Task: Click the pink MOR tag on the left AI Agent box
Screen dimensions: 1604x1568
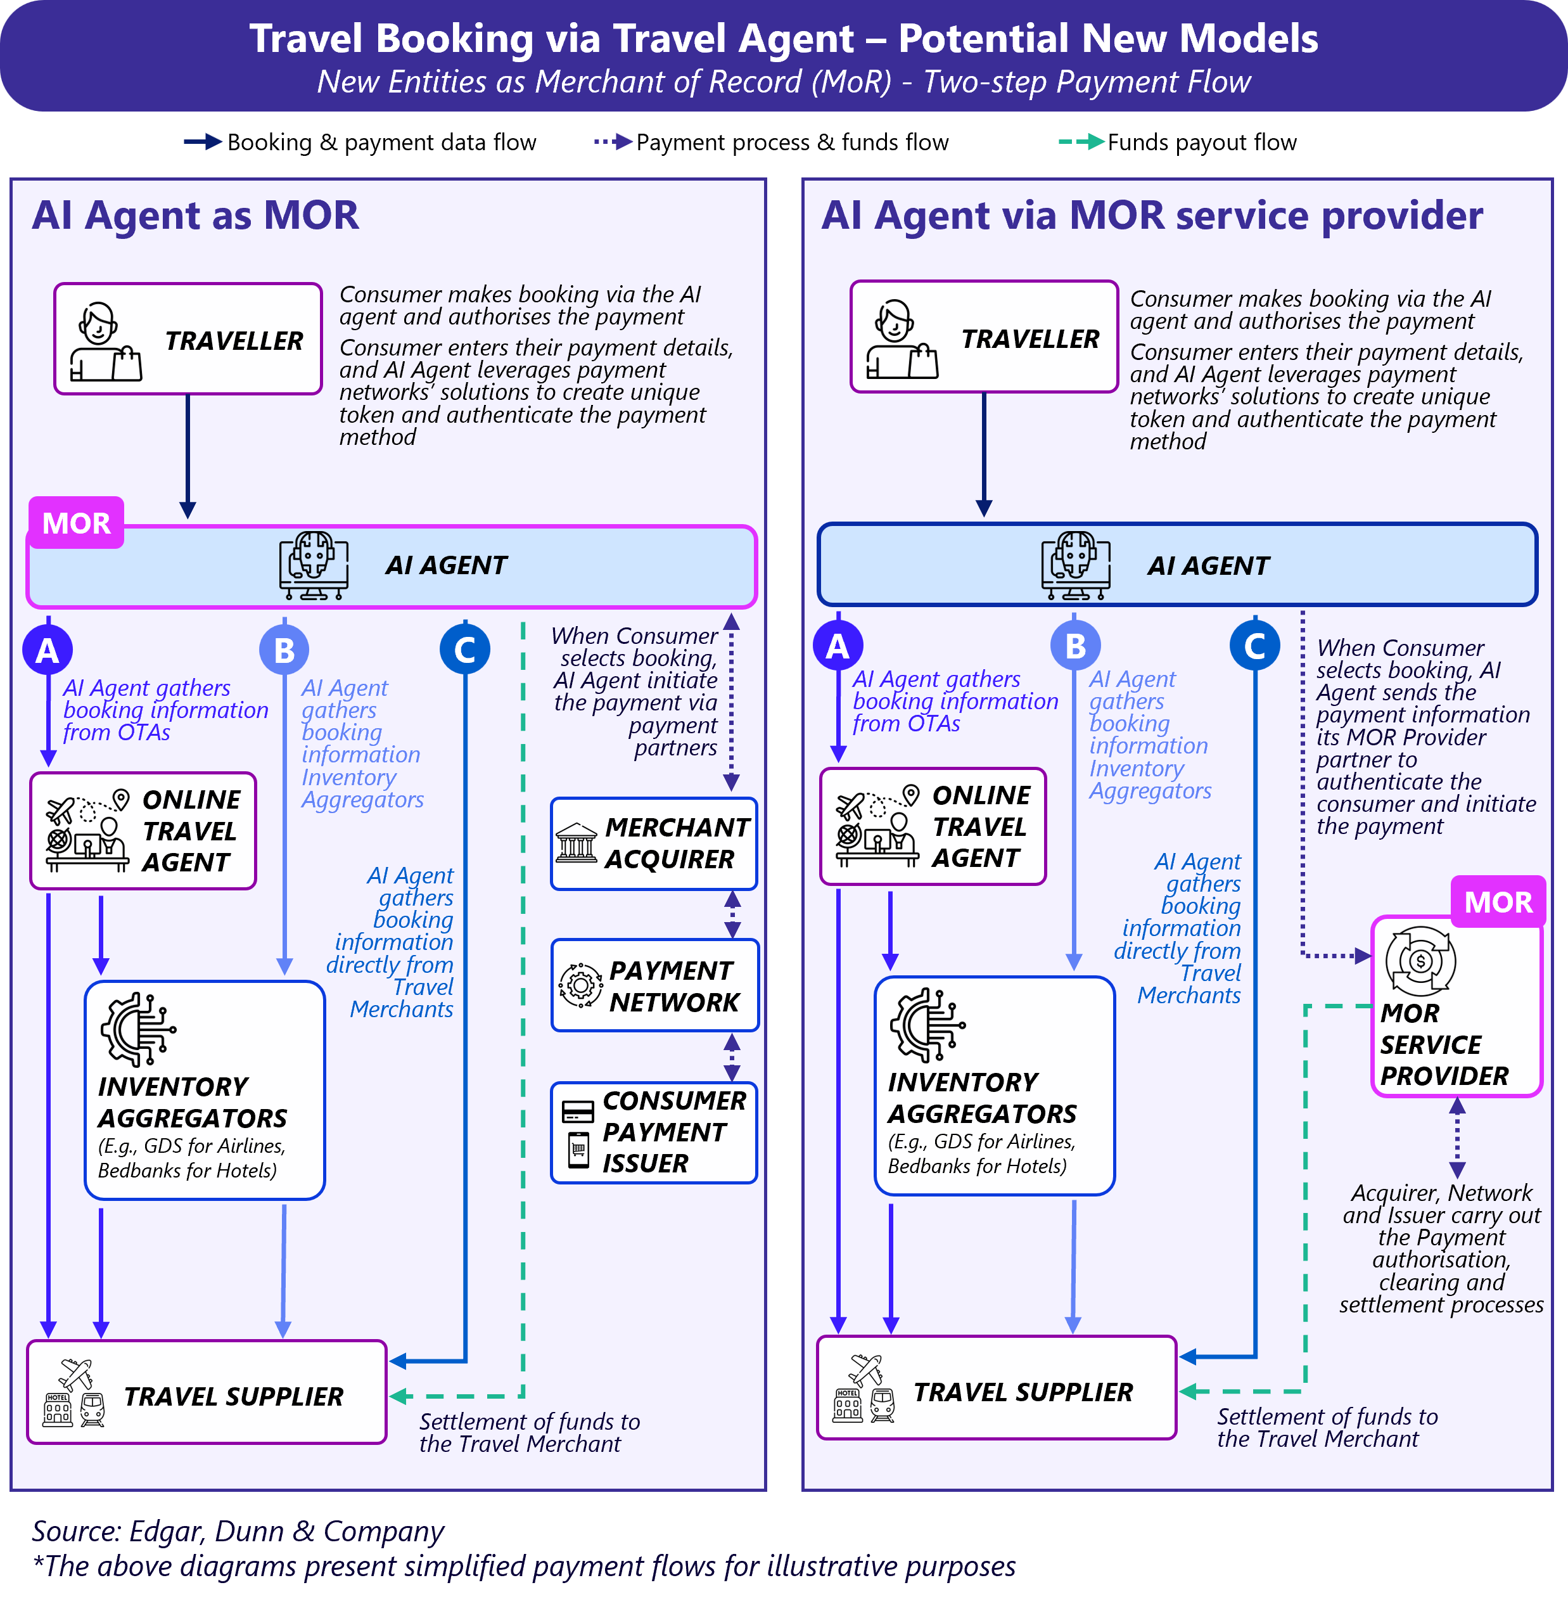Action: point(77,523)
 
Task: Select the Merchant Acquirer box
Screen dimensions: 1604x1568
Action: point(654,844)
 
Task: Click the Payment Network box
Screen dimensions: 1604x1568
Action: point(654,985)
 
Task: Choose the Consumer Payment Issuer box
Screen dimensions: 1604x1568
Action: point(654,1132)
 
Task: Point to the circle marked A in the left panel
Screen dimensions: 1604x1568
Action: point(48,650)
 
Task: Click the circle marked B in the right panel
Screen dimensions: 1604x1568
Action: point(1074,646)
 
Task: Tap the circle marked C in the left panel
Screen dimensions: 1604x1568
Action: point(465,650)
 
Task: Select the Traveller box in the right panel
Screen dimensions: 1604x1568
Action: point(984,337)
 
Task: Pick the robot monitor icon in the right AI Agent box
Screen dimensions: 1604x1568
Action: point(1076,565)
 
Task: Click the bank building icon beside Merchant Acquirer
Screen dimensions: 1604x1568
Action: point(577,843)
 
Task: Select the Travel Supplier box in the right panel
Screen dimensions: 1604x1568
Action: point(997,1388)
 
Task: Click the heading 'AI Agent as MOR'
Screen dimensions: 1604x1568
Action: point(195,216)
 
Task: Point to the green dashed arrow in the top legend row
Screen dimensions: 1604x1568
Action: point(1081,142)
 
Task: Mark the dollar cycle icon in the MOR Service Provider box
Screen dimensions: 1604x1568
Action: point(1420,961)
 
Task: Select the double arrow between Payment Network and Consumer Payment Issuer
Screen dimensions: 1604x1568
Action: point(731,1057)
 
